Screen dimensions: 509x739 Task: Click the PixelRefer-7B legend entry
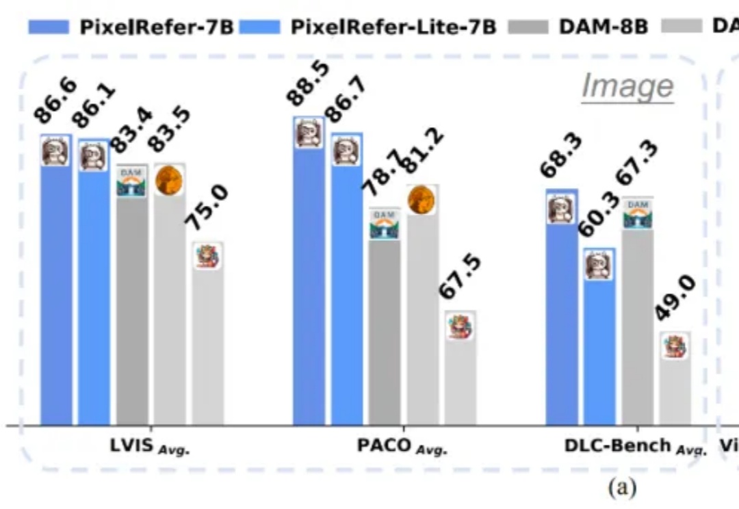130,27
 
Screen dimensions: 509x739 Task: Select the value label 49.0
677,298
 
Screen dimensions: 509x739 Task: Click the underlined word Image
627,87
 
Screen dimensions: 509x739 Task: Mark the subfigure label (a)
622,487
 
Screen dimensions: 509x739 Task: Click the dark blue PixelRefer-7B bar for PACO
309,287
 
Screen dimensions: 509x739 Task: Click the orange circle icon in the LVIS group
169,181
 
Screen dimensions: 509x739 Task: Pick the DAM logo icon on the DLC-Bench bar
638,214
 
